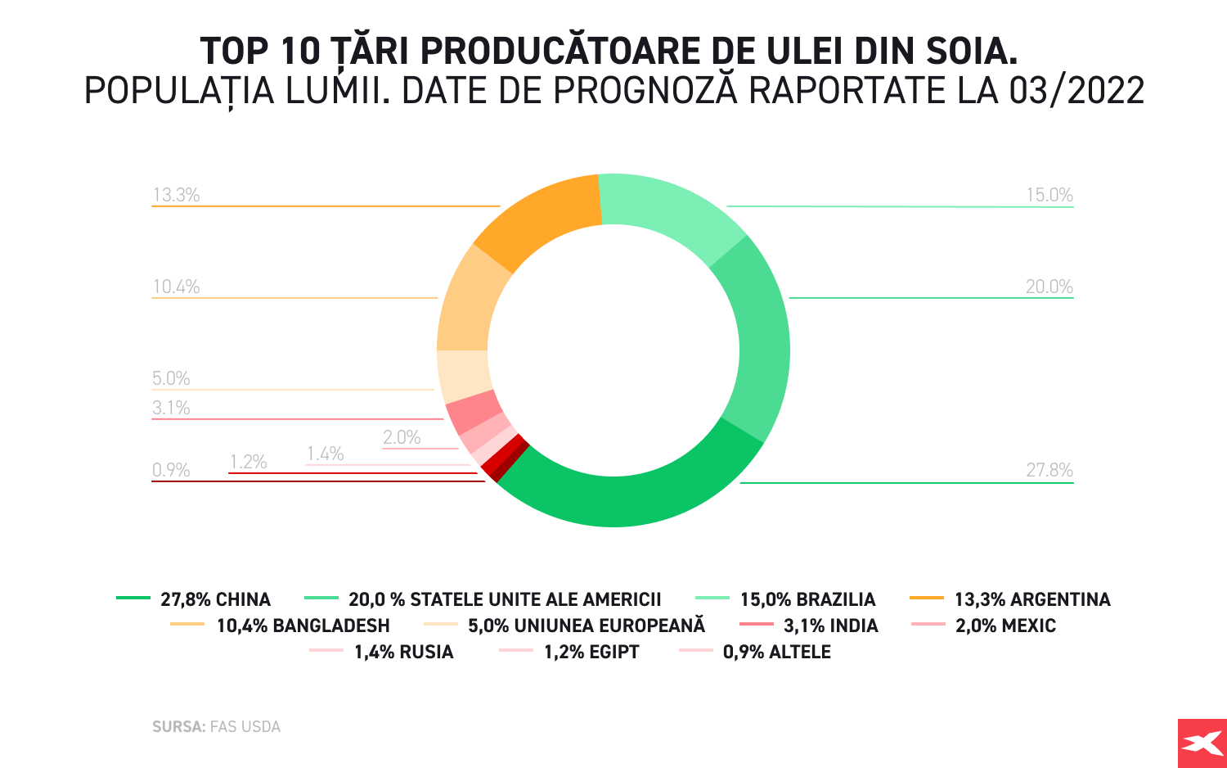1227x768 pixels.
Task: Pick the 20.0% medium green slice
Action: [761, 344]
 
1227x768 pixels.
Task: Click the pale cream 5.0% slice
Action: [463, 375]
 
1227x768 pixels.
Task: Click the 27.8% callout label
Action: [1049, 470]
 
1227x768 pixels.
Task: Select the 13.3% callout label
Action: [176, 195]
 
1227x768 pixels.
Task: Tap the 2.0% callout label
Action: [402, 437]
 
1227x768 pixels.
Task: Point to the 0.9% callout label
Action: [170, 470]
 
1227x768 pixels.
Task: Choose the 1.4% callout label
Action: [325, 454]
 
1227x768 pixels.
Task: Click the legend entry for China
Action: [215, 599]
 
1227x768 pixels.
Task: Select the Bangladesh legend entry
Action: [303, 626]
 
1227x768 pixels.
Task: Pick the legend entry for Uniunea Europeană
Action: [586, 626]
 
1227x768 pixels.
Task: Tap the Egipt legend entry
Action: [591, 652]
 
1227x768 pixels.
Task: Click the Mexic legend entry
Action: [1005, 626]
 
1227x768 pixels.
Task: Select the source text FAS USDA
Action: [245, 726]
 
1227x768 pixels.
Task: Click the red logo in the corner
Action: [1202, 743]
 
